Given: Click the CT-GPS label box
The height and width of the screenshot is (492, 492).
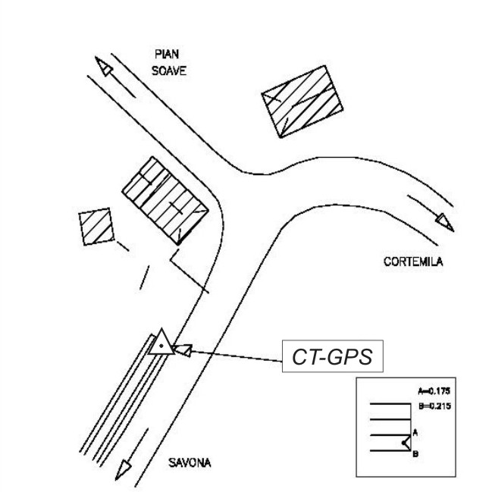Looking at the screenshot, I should (x=332, y=357).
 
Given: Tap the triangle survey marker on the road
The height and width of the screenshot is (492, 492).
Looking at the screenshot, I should (x=161, y=343).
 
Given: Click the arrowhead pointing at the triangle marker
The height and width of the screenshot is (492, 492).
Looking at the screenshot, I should (x=181, y=349).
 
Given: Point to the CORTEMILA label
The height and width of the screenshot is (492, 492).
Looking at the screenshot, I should (x=413, y=262).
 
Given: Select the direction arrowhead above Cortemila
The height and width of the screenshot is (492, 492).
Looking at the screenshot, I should (x=445, y=224).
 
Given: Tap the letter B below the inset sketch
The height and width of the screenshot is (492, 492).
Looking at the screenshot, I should (x=415, y=455).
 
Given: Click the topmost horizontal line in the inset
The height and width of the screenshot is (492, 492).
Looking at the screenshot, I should (x=390, y=404).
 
